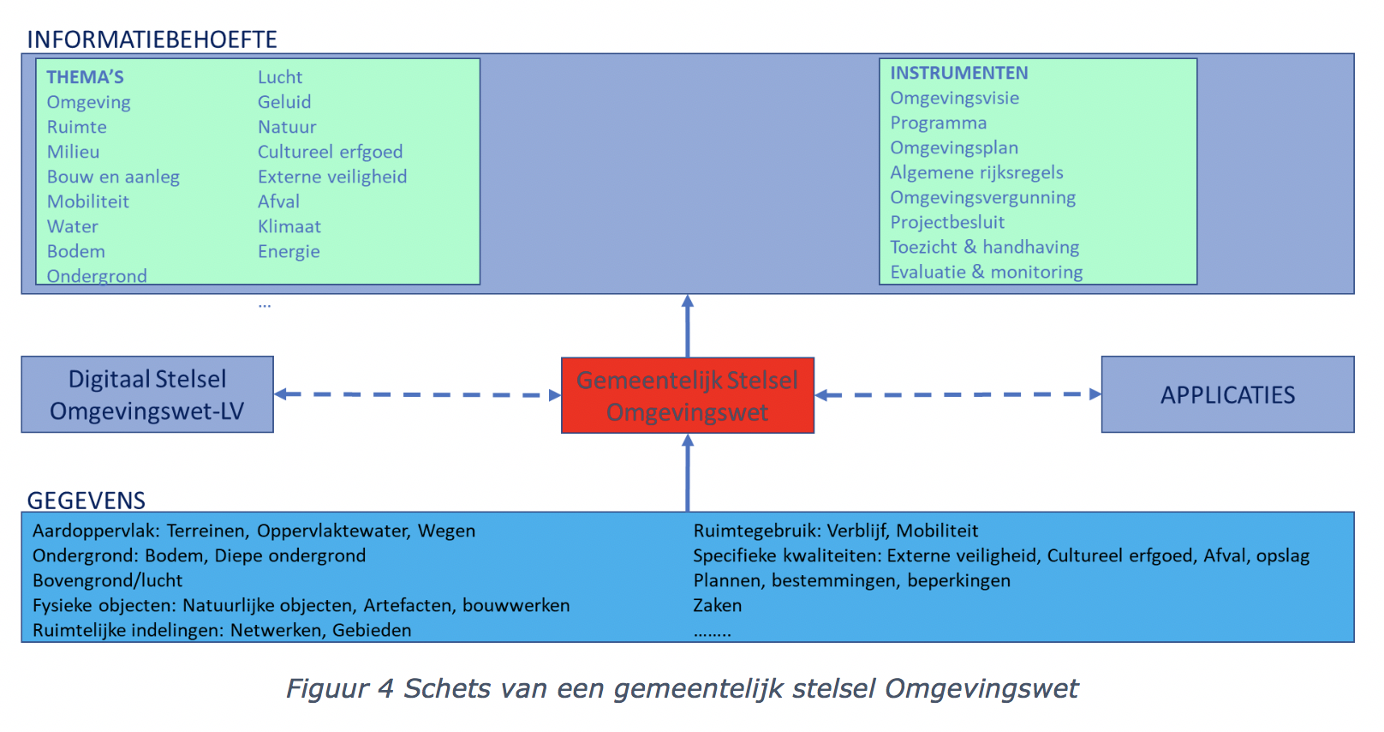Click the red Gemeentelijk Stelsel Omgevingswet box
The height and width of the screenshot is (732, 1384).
tap(687, 395)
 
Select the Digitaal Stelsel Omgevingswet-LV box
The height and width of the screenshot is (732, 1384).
tap(147, 394)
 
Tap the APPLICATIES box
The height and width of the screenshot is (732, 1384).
tap(1227, 394)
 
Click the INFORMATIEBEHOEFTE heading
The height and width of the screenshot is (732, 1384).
tap(152, 39)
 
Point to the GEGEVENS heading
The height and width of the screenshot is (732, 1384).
tap(86, 501)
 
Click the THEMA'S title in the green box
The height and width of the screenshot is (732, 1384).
tap(86, 77)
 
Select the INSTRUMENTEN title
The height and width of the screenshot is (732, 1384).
tap(959, 73)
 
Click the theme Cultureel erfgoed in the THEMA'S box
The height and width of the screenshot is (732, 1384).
tap(330, 152)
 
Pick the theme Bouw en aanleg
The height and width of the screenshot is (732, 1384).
tap(113, 177)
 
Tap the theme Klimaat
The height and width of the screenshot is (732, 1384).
tap(289, 226)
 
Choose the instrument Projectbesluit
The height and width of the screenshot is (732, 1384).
tap(947, 222)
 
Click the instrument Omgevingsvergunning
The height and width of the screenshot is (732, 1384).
tap(983, 197)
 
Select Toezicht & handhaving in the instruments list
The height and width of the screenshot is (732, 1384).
tap(984, 247)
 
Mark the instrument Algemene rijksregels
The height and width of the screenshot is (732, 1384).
tap(976, 172)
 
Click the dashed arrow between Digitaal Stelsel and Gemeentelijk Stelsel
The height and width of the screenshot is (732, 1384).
tap(418, 394)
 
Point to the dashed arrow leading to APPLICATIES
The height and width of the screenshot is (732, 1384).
tap(957, 394)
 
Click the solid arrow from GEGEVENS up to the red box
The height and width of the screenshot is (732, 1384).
tap(688, 473)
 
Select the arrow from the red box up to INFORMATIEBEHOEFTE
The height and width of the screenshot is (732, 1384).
tap(688, 326)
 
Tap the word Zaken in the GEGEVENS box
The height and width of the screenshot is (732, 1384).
tap(718, 605)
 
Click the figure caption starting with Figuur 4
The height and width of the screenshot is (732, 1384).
tap(682, 689)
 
